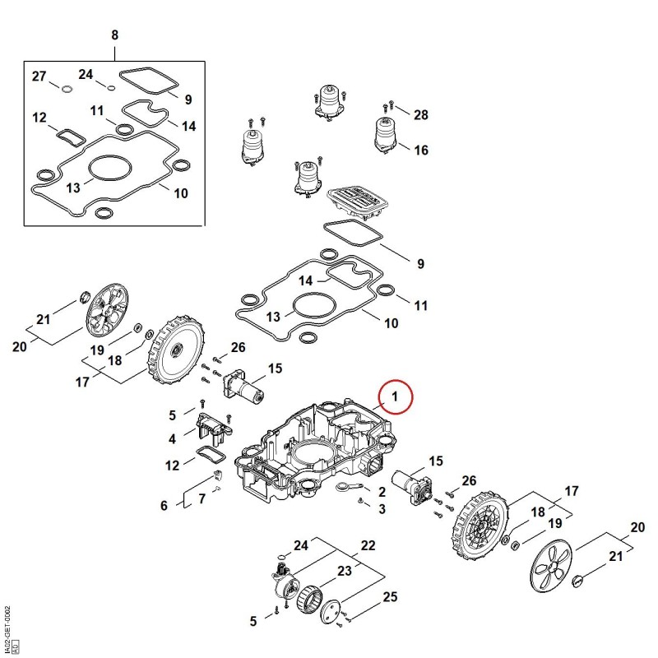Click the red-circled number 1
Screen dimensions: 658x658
pos(395,396)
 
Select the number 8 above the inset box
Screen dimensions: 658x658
pos(114,35)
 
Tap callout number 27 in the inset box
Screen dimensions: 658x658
pos(39,76)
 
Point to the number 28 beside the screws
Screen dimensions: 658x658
pos(421,114)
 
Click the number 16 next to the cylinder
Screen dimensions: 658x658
pos(421,150)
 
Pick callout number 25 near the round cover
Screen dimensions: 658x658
pos(390,596)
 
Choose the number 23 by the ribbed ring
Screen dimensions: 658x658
pos(344,571)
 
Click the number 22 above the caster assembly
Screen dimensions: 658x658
pos(368,545)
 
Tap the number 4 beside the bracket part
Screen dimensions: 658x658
pos(172,439)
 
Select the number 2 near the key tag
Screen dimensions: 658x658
pos(382,491)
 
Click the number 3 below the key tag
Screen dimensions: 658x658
pos(382,509)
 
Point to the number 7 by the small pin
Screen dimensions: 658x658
pos(202,499)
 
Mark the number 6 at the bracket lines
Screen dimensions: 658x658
pos(164,506)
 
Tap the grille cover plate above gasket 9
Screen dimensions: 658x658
pos(357,202)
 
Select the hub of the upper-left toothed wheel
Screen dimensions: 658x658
pos(176,348)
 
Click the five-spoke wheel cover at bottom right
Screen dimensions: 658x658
pos(551,567)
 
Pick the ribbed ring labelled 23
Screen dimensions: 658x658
pos(310,600)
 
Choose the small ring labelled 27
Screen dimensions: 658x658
pos(67,89)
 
